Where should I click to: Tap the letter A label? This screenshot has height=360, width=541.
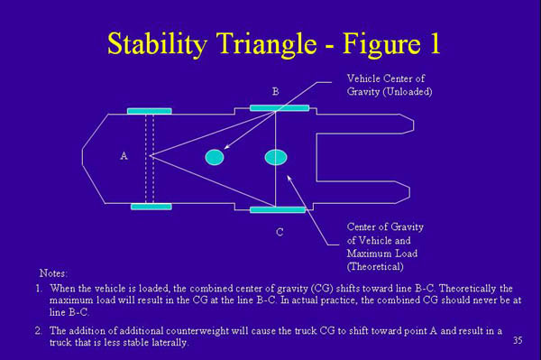[124, 156]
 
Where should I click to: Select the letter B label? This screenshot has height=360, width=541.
[276, 91]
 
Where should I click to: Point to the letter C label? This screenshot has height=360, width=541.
[280, 232]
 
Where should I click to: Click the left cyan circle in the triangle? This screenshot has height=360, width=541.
[214, 157]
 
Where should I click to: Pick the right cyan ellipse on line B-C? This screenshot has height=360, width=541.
[275, 157]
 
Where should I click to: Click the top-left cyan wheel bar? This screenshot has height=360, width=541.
[149, 111]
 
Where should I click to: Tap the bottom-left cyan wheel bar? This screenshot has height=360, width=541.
[151, 207]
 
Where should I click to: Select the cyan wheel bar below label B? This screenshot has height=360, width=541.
[279, 107]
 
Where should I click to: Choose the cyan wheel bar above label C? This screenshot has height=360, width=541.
[277, 210]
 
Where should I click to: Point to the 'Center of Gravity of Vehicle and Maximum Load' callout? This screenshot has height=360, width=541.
[385, 246]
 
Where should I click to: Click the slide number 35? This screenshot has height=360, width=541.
[517, 340]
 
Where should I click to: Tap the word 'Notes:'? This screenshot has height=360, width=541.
[53, 272]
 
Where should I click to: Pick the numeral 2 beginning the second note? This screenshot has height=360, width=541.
[39, 331]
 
